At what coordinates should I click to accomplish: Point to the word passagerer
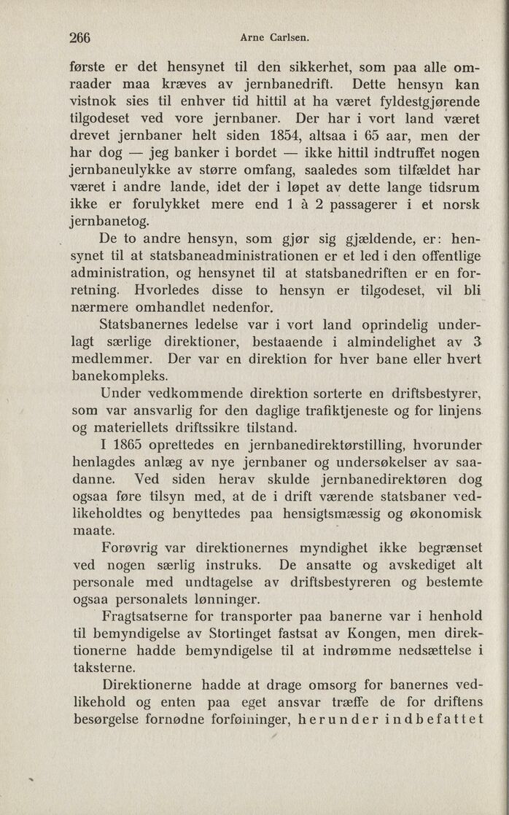point(363,205)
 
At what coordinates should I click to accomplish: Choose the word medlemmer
point(113,360)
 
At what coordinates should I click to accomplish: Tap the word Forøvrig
point(138,547)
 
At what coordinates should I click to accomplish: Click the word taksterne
point(106,668)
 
